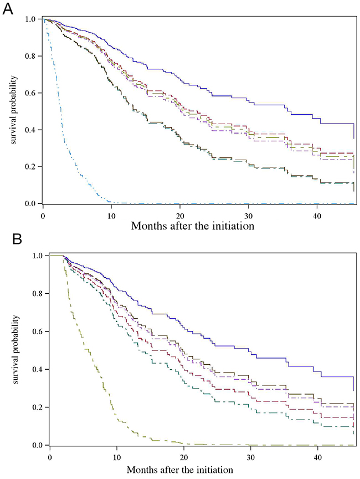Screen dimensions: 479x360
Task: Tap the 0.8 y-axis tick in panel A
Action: [x=32, y=56]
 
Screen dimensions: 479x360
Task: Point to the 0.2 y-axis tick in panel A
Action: [x=32, y=167]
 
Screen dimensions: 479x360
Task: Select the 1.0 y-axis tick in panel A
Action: [x=32, y=19]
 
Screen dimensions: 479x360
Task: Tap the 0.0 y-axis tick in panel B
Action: [x=38, y=445]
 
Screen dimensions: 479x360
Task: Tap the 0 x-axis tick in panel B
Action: [x=50, y=456]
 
